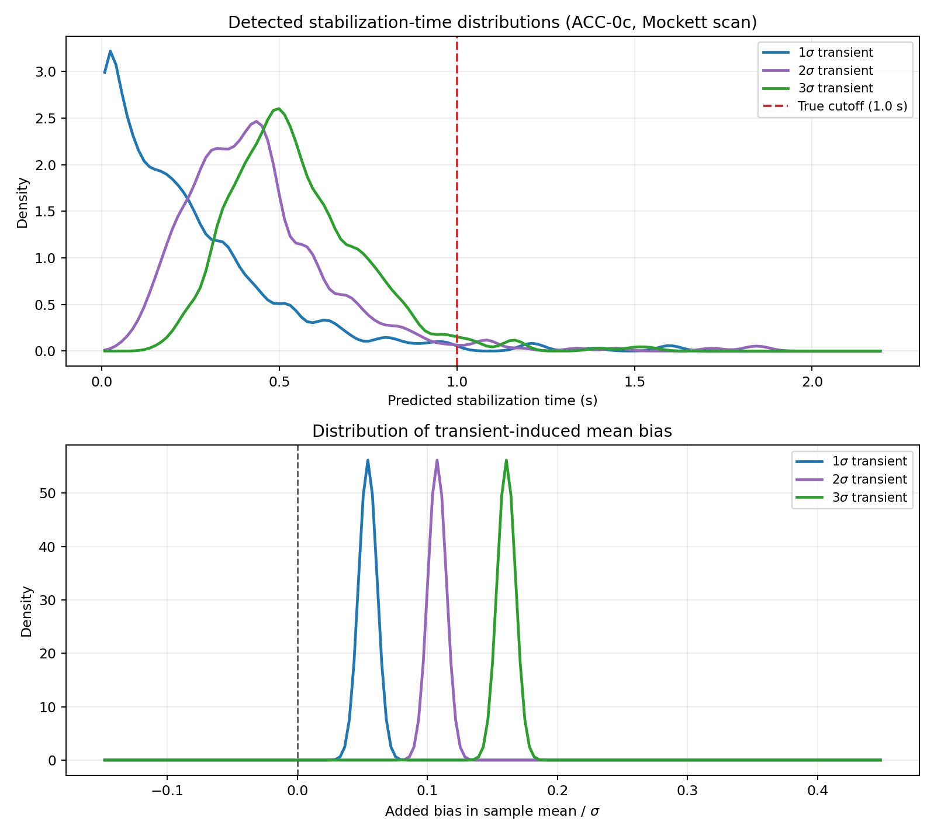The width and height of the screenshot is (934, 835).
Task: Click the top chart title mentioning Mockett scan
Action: click(492, 23)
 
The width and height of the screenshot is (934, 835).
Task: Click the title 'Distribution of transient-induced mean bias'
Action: click(492, 432)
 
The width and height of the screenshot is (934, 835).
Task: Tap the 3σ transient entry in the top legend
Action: click(835, 88)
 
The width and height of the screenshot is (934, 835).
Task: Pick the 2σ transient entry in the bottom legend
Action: click(869, 479)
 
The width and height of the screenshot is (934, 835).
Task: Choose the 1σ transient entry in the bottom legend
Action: click(869, 461)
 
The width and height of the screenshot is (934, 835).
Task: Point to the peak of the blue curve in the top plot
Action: click(110, 51)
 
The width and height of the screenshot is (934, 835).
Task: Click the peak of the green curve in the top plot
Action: click(279, 108)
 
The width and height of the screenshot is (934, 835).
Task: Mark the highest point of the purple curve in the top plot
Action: click(257, 121)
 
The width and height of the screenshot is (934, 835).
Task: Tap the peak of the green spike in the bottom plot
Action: click(506, 460)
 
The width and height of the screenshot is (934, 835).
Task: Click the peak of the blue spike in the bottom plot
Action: click(368, 460)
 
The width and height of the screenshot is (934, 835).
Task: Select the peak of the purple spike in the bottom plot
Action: click(437, 460)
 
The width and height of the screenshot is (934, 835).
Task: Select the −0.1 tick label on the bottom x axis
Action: click(167, 791)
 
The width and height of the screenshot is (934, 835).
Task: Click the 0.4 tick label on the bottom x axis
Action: click(817, 791)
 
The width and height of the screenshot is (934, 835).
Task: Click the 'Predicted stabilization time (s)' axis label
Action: click(492, 401)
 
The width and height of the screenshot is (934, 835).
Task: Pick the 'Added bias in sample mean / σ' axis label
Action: click(492, 812)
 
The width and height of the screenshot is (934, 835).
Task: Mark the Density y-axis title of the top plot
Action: click(22, 202)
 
